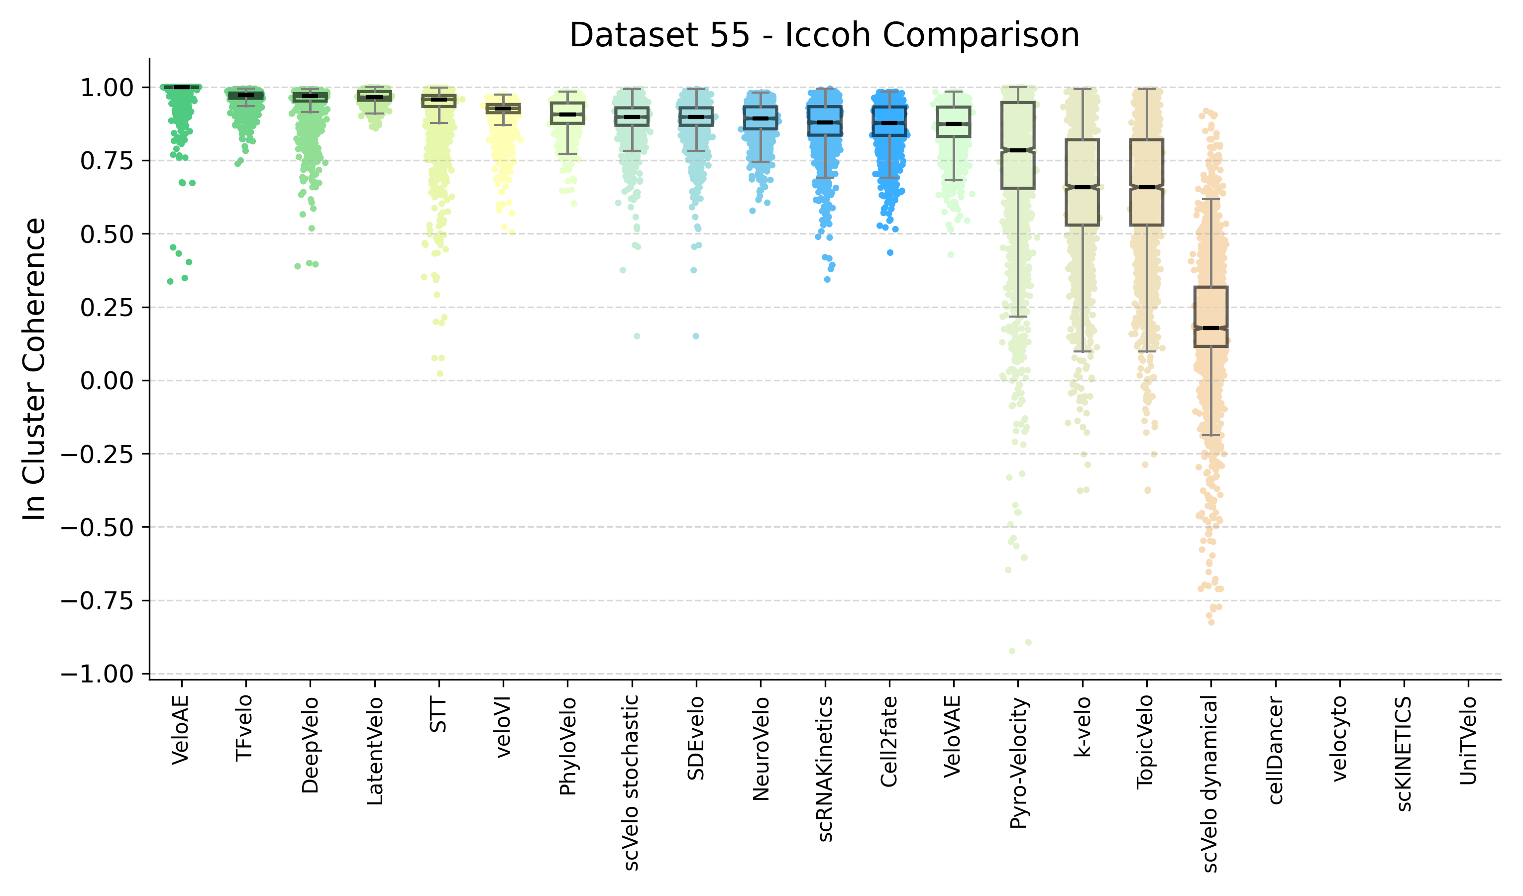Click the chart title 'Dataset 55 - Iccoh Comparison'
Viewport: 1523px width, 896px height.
click(824, 35)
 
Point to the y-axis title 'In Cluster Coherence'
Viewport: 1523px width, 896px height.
click(34, 369)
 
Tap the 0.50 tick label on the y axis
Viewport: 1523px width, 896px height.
click(107, 234)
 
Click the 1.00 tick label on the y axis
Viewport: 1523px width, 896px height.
click(107, 88)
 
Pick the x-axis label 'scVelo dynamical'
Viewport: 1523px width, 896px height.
click(1210, 784)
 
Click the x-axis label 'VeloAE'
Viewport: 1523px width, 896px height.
click(181, 730)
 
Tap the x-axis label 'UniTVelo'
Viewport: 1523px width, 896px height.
click(1468, 741)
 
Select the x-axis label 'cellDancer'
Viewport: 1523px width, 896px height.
click(1275, 750)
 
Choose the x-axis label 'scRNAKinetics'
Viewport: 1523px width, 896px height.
click(825, 769)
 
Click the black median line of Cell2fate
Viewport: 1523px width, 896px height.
click(889, 123)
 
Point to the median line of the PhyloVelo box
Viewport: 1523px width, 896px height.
click(567, 114)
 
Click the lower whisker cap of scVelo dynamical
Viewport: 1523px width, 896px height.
click(1210, 435)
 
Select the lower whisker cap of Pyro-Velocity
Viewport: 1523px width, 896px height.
click(1018, 317)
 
